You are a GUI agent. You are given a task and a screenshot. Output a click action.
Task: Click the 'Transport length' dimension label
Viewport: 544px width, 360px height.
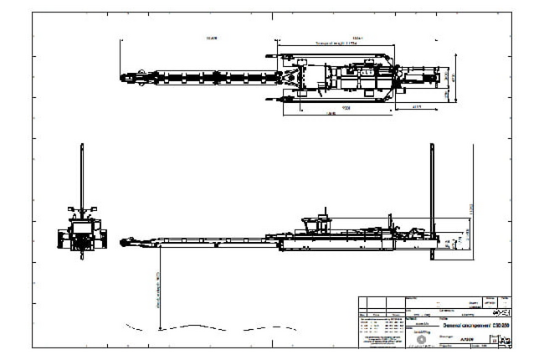pos(336,44)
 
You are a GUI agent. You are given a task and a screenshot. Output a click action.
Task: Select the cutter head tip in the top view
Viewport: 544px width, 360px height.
pos(124,78)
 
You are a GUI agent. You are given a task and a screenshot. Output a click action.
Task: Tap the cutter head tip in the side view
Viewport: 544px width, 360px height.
pos(124,242)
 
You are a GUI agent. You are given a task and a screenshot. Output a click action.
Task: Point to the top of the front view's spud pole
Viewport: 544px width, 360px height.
pos(82,146)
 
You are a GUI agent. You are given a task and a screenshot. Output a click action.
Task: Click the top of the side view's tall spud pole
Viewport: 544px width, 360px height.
pos(431,146)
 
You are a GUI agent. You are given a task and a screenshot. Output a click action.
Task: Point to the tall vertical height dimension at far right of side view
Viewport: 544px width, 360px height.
pos(474,205)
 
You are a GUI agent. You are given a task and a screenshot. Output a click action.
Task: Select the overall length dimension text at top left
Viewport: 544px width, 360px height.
pos(211,38)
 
